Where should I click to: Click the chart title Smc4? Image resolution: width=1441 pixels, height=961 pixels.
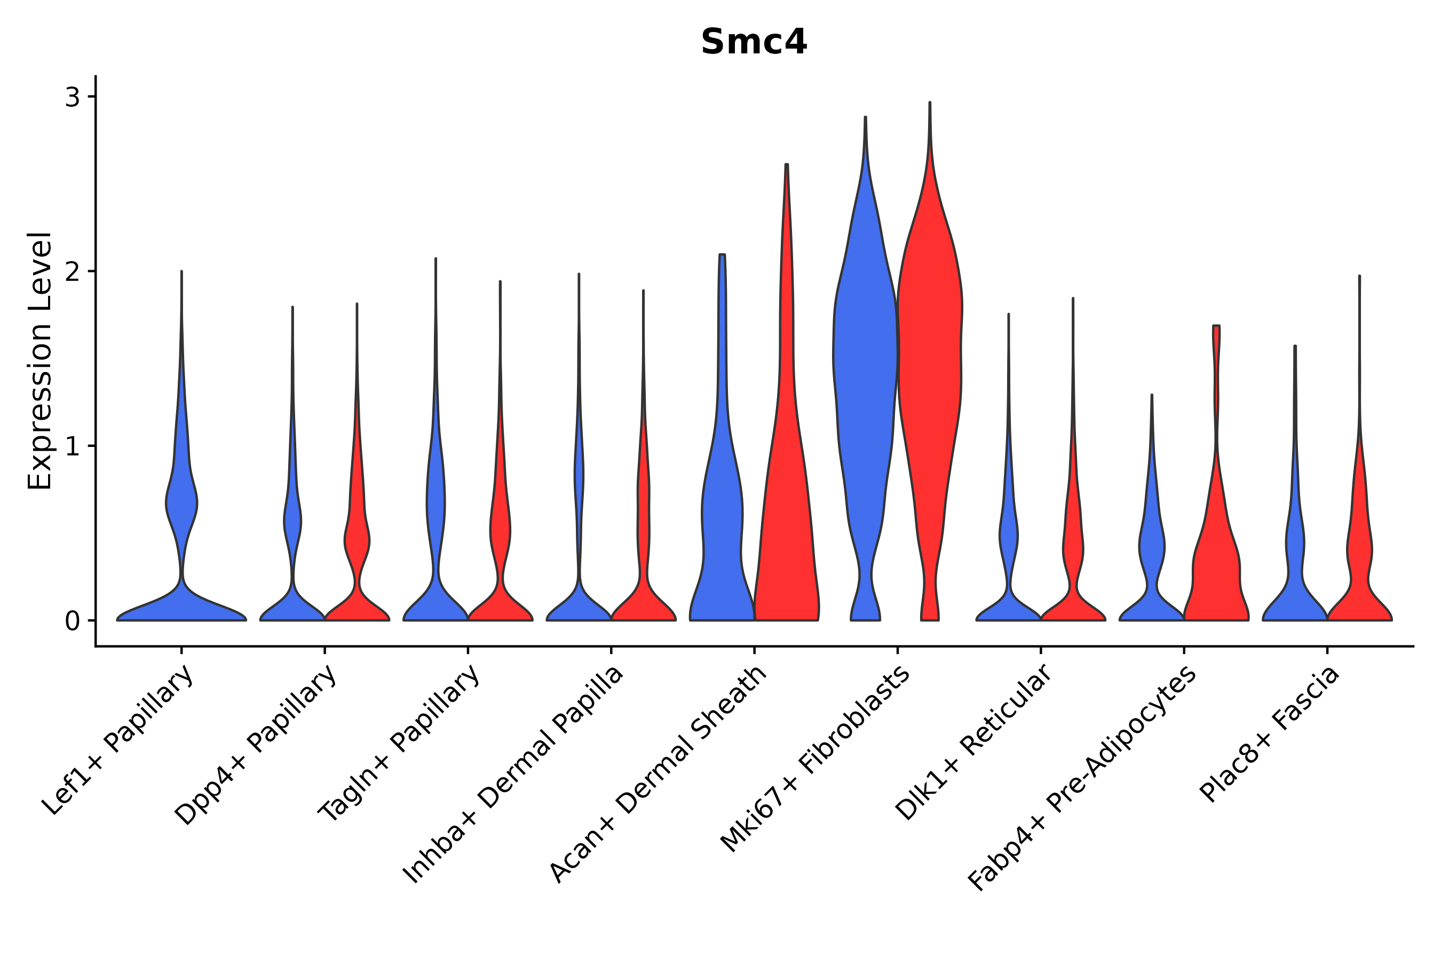pyautogui.click(x=754, y=42)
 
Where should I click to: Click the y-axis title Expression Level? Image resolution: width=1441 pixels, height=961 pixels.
pyautogui.click(x=40, y=361)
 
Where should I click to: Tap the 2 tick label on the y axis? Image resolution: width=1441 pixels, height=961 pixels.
pyautogui.click(x=72, y=272)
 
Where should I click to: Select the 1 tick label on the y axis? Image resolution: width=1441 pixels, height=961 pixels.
pyautogui.click(x=72, y=446)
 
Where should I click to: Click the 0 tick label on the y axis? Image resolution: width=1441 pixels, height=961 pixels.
pyautogui.click(x=72, y=621)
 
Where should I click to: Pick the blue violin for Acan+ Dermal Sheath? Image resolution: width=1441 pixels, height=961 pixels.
pyautogui.click(x=722, y=521)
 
